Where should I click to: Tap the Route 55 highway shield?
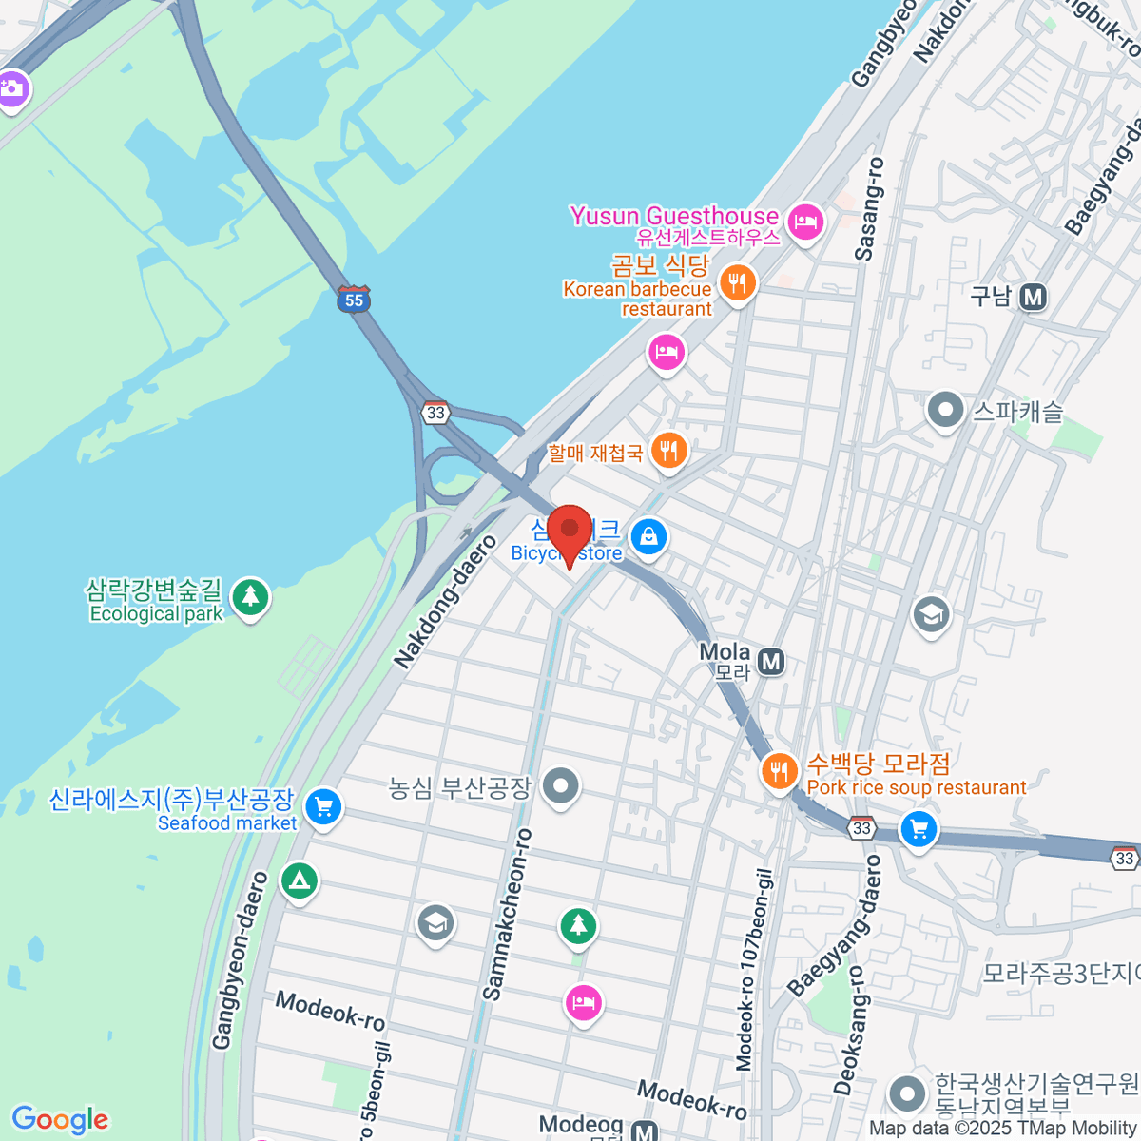[x=354, y=300]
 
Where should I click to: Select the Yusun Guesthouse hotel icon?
[x=806, y=222]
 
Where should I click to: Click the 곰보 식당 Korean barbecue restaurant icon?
[x=737, y=282]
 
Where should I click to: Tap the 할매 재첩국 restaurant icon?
[x=669, y=452]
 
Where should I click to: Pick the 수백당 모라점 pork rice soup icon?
[x=780, y=770]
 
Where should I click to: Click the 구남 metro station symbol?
[x=1033, y=298]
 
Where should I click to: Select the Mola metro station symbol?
[x=772, y=662]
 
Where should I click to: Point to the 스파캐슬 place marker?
[x=945, y=411]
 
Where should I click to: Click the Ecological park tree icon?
[x=250, y=597]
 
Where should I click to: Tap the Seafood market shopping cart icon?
[x=323, y=807]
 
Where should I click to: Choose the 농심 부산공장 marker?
[x=560, y=786]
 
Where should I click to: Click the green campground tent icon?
[x=299, y=880]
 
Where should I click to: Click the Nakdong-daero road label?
[x=445, y=602]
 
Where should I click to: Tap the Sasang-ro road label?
[x=869, y=209]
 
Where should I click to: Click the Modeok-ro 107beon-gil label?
[x=756, y=968]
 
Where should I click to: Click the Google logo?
[x=60, y=1120]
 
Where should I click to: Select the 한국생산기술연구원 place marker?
[x=908, y=1093]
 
